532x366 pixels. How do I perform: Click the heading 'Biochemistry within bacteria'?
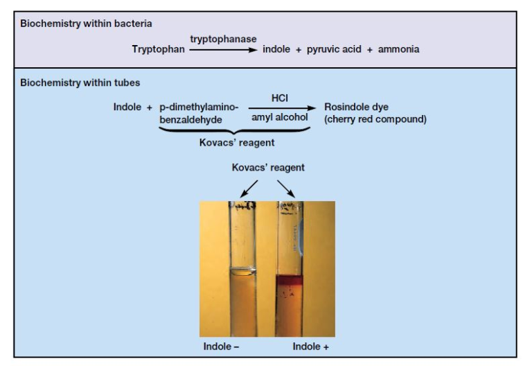pyautogui.click(x=86, y=24)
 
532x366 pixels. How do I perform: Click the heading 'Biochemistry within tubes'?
pyautogui.click(x=80, y=82)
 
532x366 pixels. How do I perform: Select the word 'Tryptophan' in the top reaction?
pyautogui.click(x=159, y=49)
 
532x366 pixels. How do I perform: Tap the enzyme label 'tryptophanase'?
pyautogui.click(x=223, y=39)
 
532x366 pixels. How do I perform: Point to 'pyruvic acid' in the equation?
pyautogui.click(x=335, y=49)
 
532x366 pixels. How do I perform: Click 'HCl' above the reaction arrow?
pyautogui.click(x=280, y=98)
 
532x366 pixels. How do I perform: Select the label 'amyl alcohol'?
pyautogui.click(x=280, y=118)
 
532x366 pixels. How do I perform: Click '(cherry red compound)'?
pyautogui.click(x=375, y=119)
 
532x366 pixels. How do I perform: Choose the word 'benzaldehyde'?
pyautogui.click(x=190, y=119)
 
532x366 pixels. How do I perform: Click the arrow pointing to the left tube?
pyautogui.click(x=249, y=188)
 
